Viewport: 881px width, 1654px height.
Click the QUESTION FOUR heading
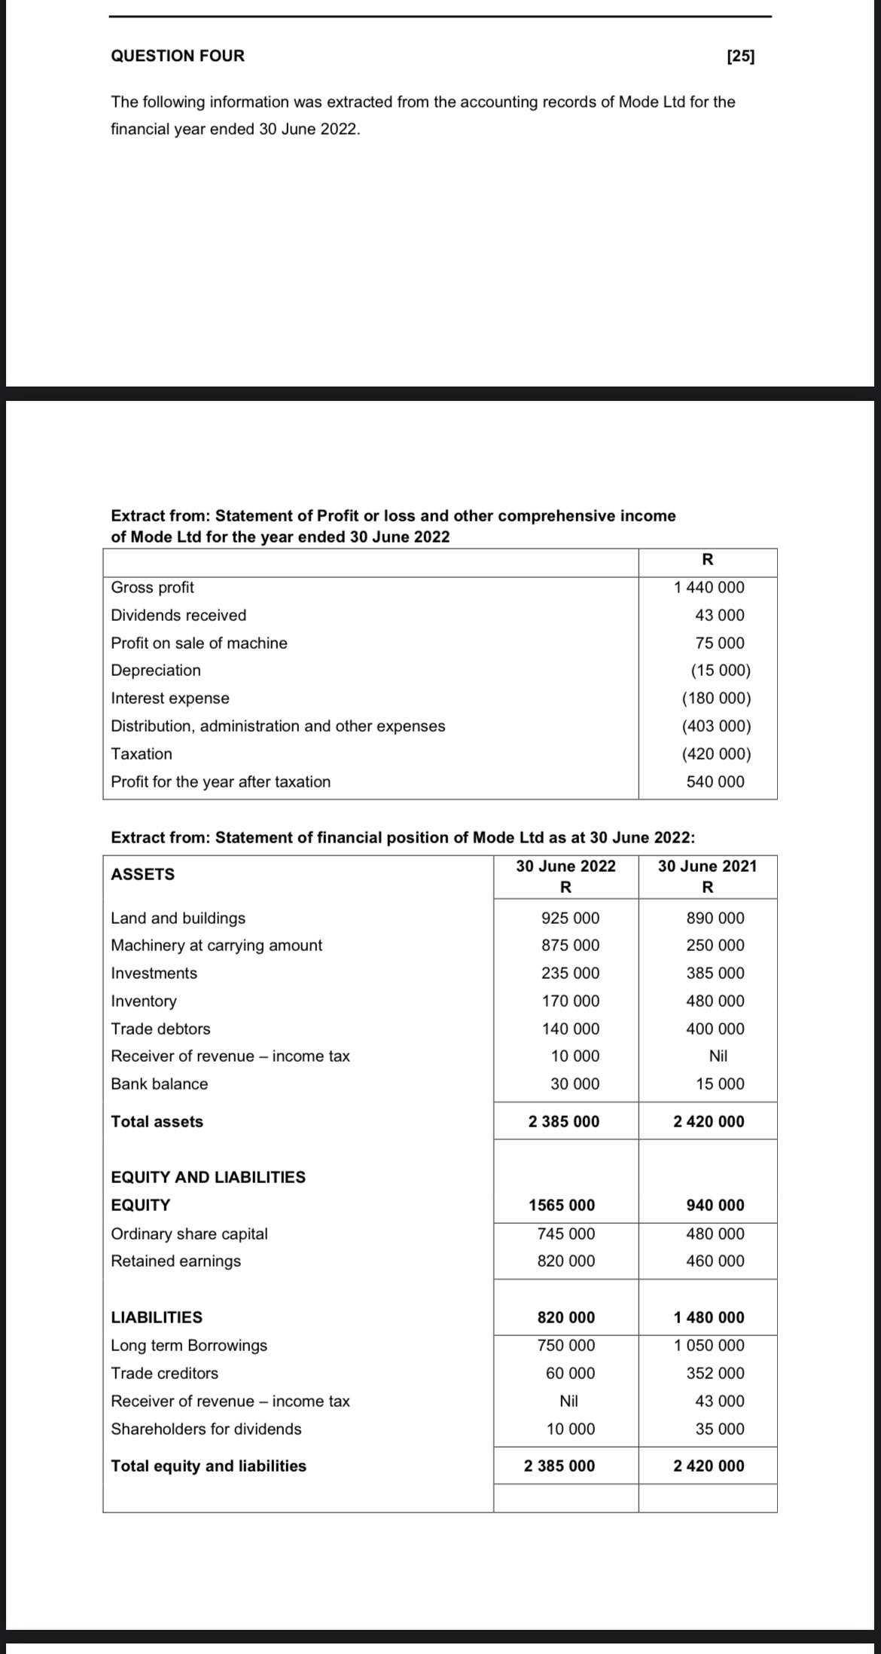[178, 56]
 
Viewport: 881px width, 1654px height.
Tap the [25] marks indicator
[741, 56]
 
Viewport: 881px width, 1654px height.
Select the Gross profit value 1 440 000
[709, 587]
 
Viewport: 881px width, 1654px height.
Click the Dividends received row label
[178, 615]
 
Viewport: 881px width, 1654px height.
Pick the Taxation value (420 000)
[716, 754]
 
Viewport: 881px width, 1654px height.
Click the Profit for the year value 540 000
[715, 781]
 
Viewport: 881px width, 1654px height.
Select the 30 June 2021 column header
[707, 866]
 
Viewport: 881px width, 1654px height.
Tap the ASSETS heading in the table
[142, 874]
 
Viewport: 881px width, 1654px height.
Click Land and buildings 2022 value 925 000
[570, 918]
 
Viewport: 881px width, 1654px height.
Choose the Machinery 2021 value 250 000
[715, 945]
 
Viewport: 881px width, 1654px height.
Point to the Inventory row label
[144, 1001]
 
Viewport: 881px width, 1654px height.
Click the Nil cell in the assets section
[718, 1056]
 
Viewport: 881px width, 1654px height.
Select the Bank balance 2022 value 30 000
[575, 1084]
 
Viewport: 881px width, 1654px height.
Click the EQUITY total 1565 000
[561, 1205]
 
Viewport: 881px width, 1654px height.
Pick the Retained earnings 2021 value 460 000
[715, 1261]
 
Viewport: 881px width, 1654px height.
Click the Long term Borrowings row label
[189, 1345]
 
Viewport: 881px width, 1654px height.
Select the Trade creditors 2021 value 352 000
[715, 1373]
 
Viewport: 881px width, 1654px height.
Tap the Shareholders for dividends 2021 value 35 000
[719, 1429]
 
